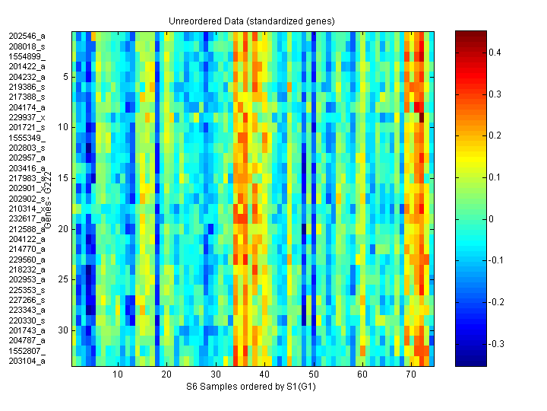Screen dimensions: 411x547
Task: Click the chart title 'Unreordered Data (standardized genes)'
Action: [251, 21]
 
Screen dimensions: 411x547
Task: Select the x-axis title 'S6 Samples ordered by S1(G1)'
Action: [251, 387]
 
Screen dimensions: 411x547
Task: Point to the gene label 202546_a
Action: [27, 36]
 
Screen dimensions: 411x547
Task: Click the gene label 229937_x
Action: [27, 117]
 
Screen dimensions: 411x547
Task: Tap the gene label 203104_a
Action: [27, 361]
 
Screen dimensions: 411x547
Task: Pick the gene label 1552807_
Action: [27, 351]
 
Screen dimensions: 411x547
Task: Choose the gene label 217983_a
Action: [27, 178]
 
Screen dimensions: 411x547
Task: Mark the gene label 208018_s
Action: [27, 46]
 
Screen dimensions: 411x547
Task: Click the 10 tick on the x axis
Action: [118, 375]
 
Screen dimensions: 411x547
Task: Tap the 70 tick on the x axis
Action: [411, 375]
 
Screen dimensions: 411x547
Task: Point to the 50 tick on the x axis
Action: [313, 375]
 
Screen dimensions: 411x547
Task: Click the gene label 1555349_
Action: [27, 138]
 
